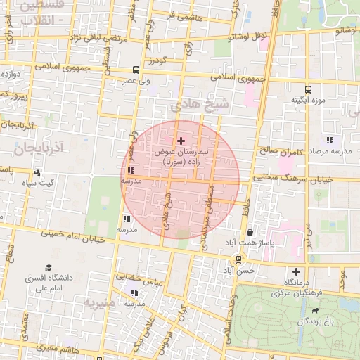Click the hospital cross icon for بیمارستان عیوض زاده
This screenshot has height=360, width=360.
tap(181, 141)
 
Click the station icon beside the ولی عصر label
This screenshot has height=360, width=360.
tap(136, 70)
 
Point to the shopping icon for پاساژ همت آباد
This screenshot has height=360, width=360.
tap(250, 232)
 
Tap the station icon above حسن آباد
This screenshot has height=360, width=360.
tap(239, 259)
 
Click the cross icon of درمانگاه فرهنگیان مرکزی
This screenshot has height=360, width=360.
tap(296, 271)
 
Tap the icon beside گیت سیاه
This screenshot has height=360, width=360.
tap(37, 172)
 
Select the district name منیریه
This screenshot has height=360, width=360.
tap(100, 303)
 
